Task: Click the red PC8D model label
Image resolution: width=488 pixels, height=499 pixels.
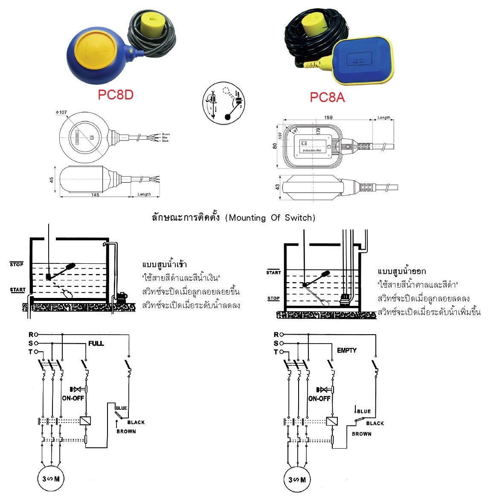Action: pyautogui.click(x=116, y=94)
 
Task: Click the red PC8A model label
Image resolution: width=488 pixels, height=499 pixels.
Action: pyautogui.click(x=327, y=97)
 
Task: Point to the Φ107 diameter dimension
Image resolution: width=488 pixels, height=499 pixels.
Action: pyautogui.click(x=61, y=113)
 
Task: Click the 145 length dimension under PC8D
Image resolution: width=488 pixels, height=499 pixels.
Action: pyautogui.click(x=95, y=195)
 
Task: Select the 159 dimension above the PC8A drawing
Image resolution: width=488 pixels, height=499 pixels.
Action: pyautogui.click(x=328, y=117)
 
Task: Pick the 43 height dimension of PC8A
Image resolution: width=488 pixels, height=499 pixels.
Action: pyautogui.click(x=277, y=187)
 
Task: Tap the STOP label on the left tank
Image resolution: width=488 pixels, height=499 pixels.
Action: pyautogui.click(x=17, y=265)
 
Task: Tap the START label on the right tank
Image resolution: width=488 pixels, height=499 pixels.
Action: pyautogui.click(x=273, y=272)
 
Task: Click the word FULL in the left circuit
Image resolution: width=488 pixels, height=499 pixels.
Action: pyautogui.click(x=96, y=343)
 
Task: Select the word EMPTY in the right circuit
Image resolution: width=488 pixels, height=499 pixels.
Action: pyautogui.click(x=347, y=350)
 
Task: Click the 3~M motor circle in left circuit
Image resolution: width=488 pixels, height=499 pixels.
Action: pyautogui.click(x=51, y=479)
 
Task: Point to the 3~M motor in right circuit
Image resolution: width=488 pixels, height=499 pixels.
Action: pyautogui.click(x=297, y=479)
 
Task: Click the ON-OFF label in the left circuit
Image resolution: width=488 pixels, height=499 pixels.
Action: pyautogui.click(x=73, y=398)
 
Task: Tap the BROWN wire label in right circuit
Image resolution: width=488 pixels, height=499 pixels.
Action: pyautogui.click(x=361, y=434)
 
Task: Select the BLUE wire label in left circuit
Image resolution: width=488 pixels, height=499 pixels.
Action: pyautogui.click(x=121, y=408)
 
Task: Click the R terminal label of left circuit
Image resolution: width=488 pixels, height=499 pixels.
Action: pyautogui.click(x=31, y=334)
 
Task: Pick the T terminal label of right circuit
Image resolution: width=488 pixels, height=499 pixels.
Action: pyautogui.click(x=276, y=352)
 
